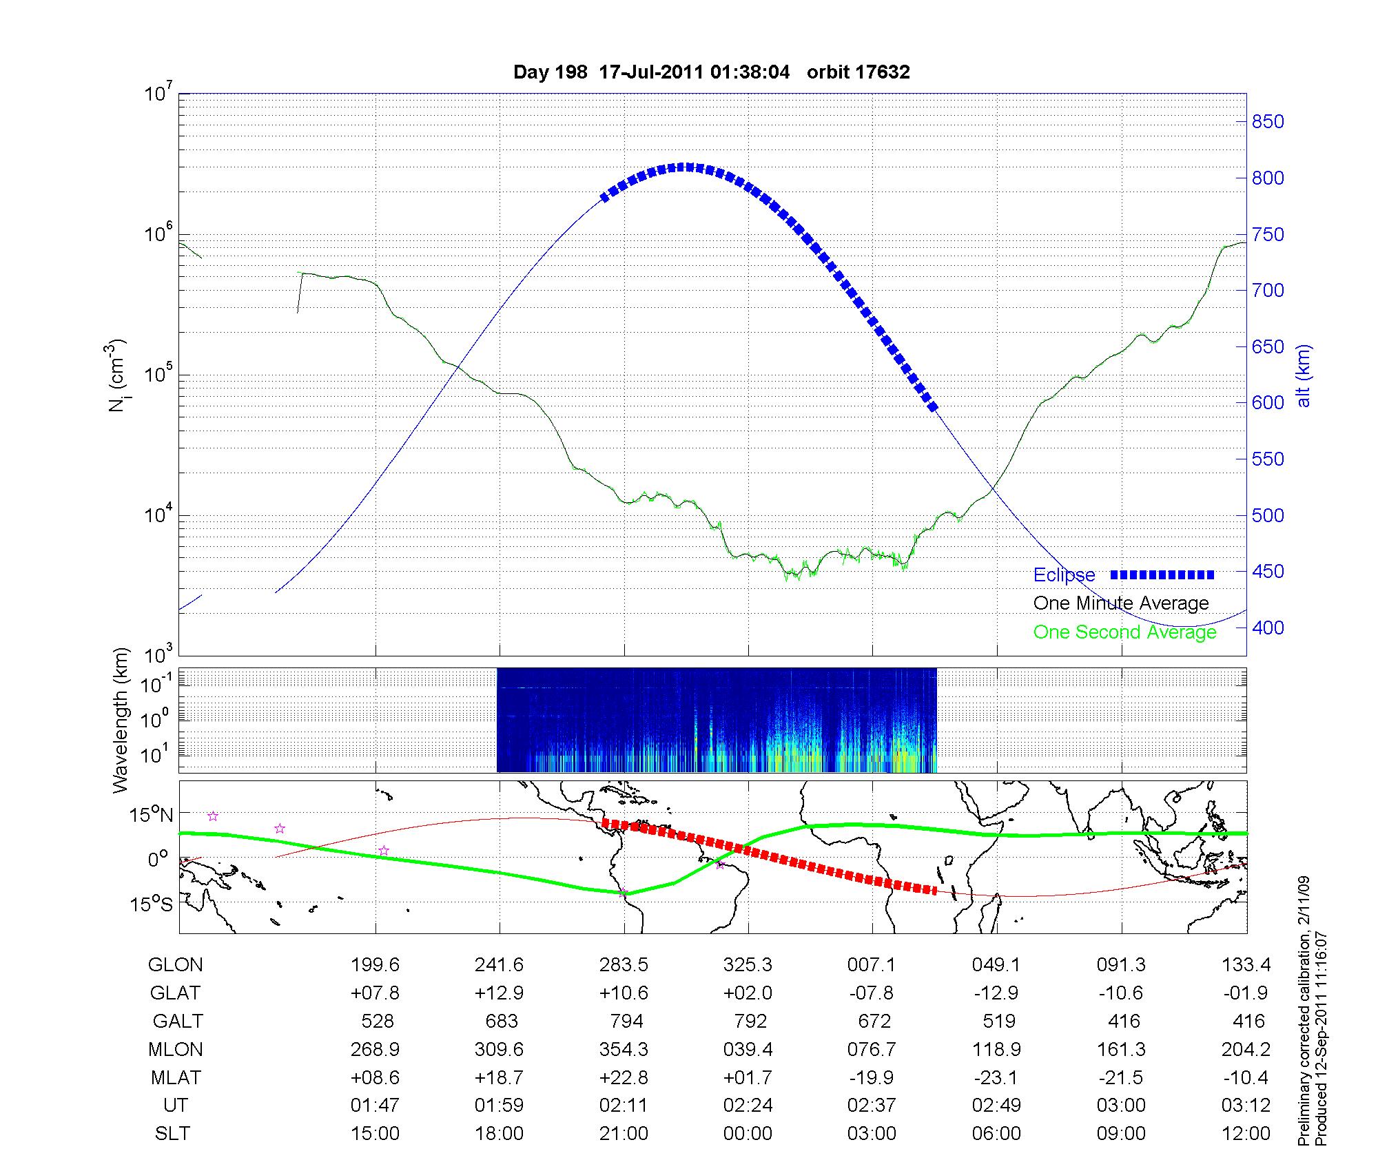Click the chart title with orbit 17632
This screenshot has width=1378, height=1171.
tap(711, 72)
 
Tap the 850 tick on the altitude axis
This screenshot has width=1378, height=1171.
tap(1267, 122)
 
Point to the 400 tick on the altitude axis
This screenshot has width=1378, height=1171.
tap(1267, 628)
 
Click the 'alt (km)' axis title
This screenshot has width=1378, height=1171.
tap(1304, 375)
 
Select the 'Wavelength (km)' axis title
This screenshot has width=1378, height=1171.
tap(121, 720)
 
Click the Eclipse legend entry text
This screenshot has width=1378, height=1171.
tap(1064, 575)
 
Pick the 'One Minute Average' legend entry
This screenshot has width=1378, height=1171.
tap(1121, 603)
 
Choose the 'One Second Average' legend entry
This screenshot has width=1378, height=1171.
tap(1124, 632)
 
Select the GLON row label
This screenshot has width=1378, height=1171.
tap(175, 965)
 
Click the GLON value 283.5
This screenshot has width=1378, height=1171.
tap(624, 965)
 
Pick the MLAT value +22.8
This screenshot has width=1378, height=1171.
tap(624, 1077)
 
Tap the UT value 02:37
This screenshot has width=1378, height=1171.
tap(872, 1106)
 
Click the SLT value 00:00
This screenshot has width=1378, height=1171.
tap(748, 1134)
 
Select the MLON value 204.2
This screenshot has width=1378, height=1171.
tap(1246, 1049)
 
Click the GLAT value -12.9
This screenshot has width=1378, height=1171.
tap(996, 993)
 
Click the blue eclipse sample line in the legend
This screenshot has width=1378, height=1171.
tap(1162, 574)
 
